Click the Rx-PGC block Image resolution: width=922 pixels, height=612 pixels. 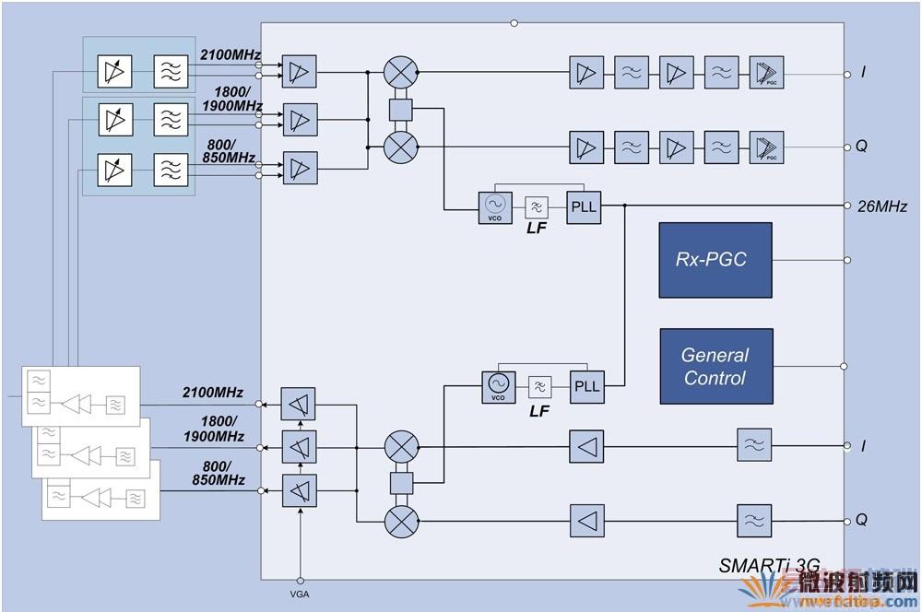coord(715,260)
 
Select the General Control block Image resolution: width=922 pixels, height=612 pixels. coord(715,366)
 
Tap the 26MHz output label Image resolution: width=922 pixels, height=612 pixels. coord(882,206)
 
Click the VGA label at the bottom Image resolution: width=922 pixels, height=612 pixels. coord(301,594)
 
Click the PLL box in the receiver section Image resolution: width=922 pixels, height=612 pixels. coord(584,206)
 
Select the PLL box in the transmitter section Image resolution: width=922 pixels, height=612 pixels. coord(585,385)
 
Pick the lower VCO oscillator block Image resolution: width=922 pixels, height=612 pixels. coord(497,385)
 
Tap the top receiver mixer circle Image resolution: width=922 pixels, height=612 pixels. coord(401,72)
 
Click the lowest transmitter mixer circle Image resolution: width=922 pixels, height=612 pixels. coord(401,520)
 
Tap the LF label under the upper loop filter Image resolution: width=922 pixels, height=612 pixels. coord(537,228)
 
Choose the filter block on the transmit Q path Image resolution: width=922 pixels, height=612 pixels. coord(753,520)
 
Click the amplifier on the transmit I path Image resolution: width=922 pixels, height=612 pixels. coord(586,447)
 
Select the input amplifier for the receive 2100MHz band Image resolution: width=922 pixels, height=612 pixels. coord(298,72)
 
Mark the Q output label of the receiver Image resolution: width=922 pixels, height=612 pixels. coord(862,146)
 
